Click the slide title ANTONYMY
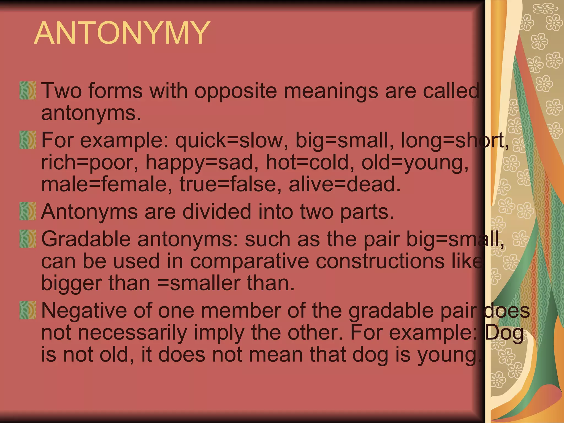tap(122, 33)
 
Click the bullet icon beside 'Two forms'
tap(28, 90)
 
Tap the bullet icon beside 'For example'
tap(28, 140)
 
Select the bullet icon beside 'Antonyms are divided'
tap(28, 211)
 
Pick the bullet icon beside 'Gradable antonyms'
tap(28, 239)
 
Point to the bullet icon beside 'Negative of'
tap(28, 310)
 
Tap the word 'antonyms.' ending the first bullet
tap(91, 113)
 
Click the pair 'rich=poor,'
tap(90, 162)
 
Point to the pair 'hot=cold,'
tap(310, 162)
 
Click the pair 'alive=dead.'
tap(345, 185)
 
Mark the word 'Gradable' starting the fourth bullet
tap(86, 239)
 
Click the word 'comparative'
tap(250, 261)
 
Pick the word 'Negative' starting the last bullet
tap(84, 311)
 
